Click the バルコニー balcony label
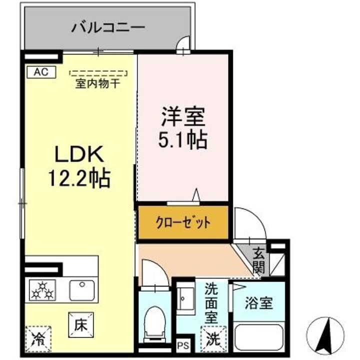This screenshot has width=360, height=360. click(107, 26)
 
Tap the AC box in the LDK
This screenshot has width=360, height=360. click(41, 71)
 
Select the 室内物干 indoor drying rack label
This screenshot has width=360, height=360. click(97, 83)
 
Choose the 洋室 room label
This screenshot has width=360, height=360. click(182, 118)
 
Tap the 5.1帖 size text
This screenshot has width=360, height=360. click(182, 140)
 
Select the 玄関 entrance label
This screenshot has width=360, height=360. click(258, 260)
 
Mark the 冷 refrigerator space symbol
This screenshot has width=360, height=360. click(37, 338)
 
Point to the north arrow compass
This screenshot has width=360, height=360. click(328, 334)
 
